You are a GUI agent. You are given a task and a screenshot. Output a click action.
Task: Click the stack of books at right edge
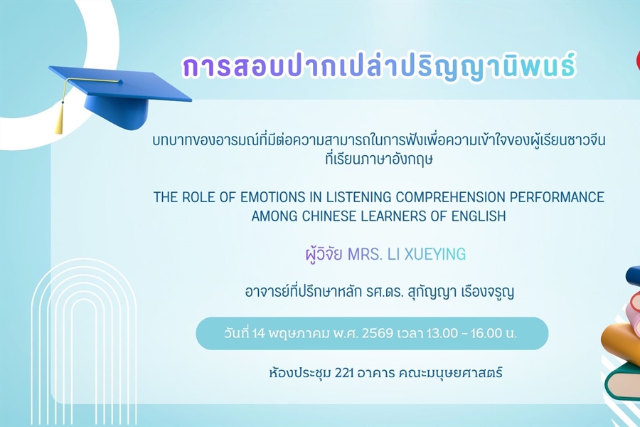click(622, 334)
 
